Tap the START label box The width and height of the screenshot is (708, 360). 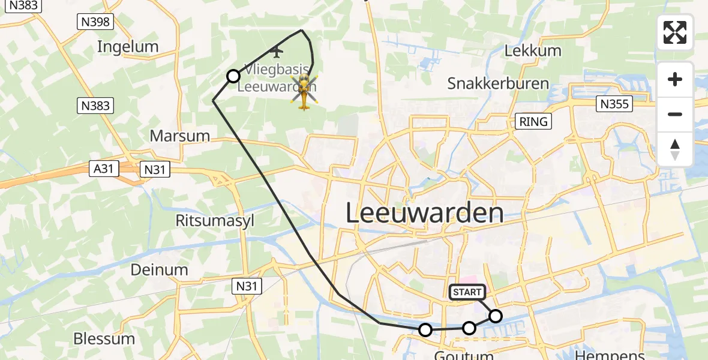[x=467, y=292]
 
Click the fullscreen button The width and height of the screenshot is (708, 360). [x=675, y=32]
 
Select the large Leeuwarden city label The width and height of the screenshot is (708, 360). [x=425, y=214]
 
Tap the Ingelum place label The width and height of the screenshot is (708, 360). [x=127, y=47]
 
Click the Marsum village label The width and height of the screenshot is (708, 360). [x=180, y=136]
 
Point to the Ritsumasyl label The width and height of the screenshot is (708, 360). [x=215, y=220]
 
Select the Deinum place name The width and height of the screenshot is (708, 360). [x=160, y=269]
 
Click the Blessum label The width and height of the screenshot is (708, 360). [x=104, y=338]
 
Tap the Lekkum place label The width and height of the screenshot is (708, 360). [x=533, y=50]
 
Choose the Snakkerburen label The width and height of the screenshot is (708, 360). [x=498, y=83]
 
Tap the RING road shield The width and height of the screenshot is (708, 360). [x=533, y=122]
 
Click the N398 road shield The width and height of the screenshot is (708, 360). [x=96, y=22]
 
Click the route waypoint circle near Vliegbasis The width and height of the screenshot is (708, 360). [x=233, y=76]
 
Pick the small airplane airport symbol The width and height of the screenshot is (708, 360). [x=277, y=50]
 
